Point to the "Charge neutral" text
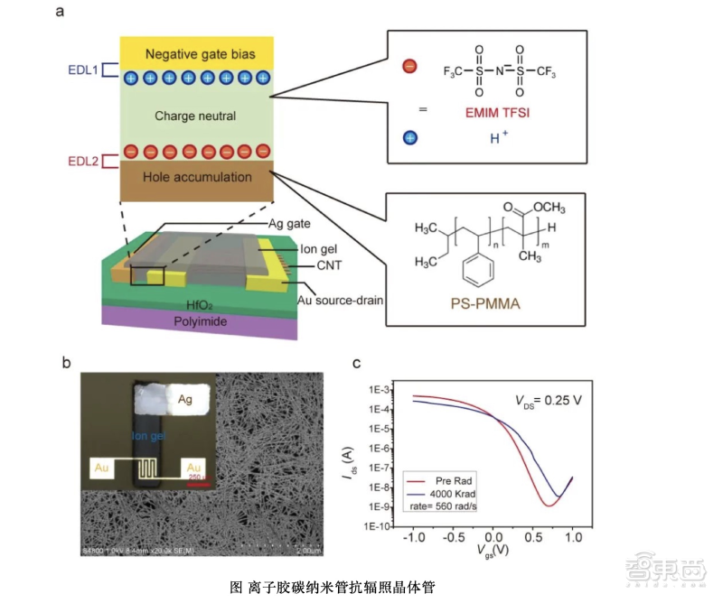(x=195, y=116)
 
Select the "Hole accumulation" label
(x=197, y=177)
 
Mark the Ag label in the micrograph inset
(x=184, y=398)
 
